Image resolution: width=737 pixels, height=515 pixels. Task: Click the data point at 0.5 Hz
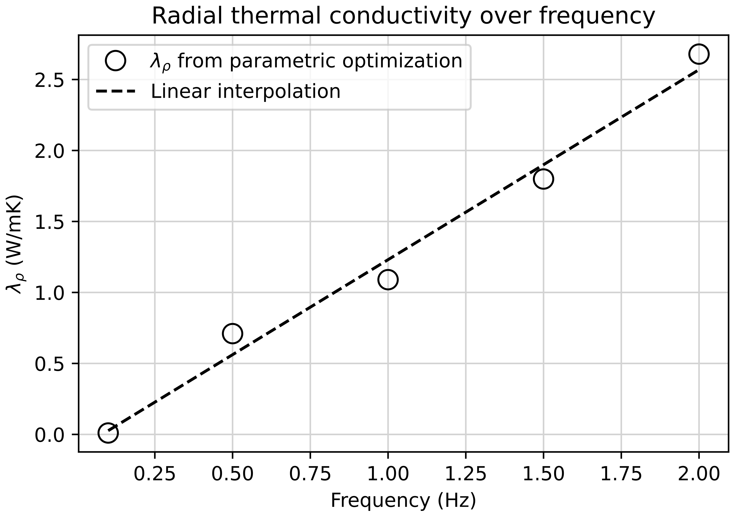232,333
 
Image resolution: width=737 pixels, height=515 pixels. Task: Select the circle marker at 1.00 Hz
388,280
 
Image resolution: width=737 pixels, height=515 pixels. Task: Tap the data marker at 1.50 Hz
543,179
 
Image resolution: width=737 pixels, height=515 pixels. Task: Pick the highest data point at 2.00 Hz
699,54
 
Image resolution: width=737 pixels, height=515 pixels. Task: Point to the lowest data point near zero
108,433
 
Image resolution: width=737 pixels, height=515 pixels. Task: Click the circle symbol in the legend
115,60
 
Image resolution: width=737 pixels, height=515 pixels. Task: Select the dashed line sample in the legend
115,92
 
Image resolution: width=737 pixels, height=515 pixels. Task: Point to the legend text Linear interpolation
246,92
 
